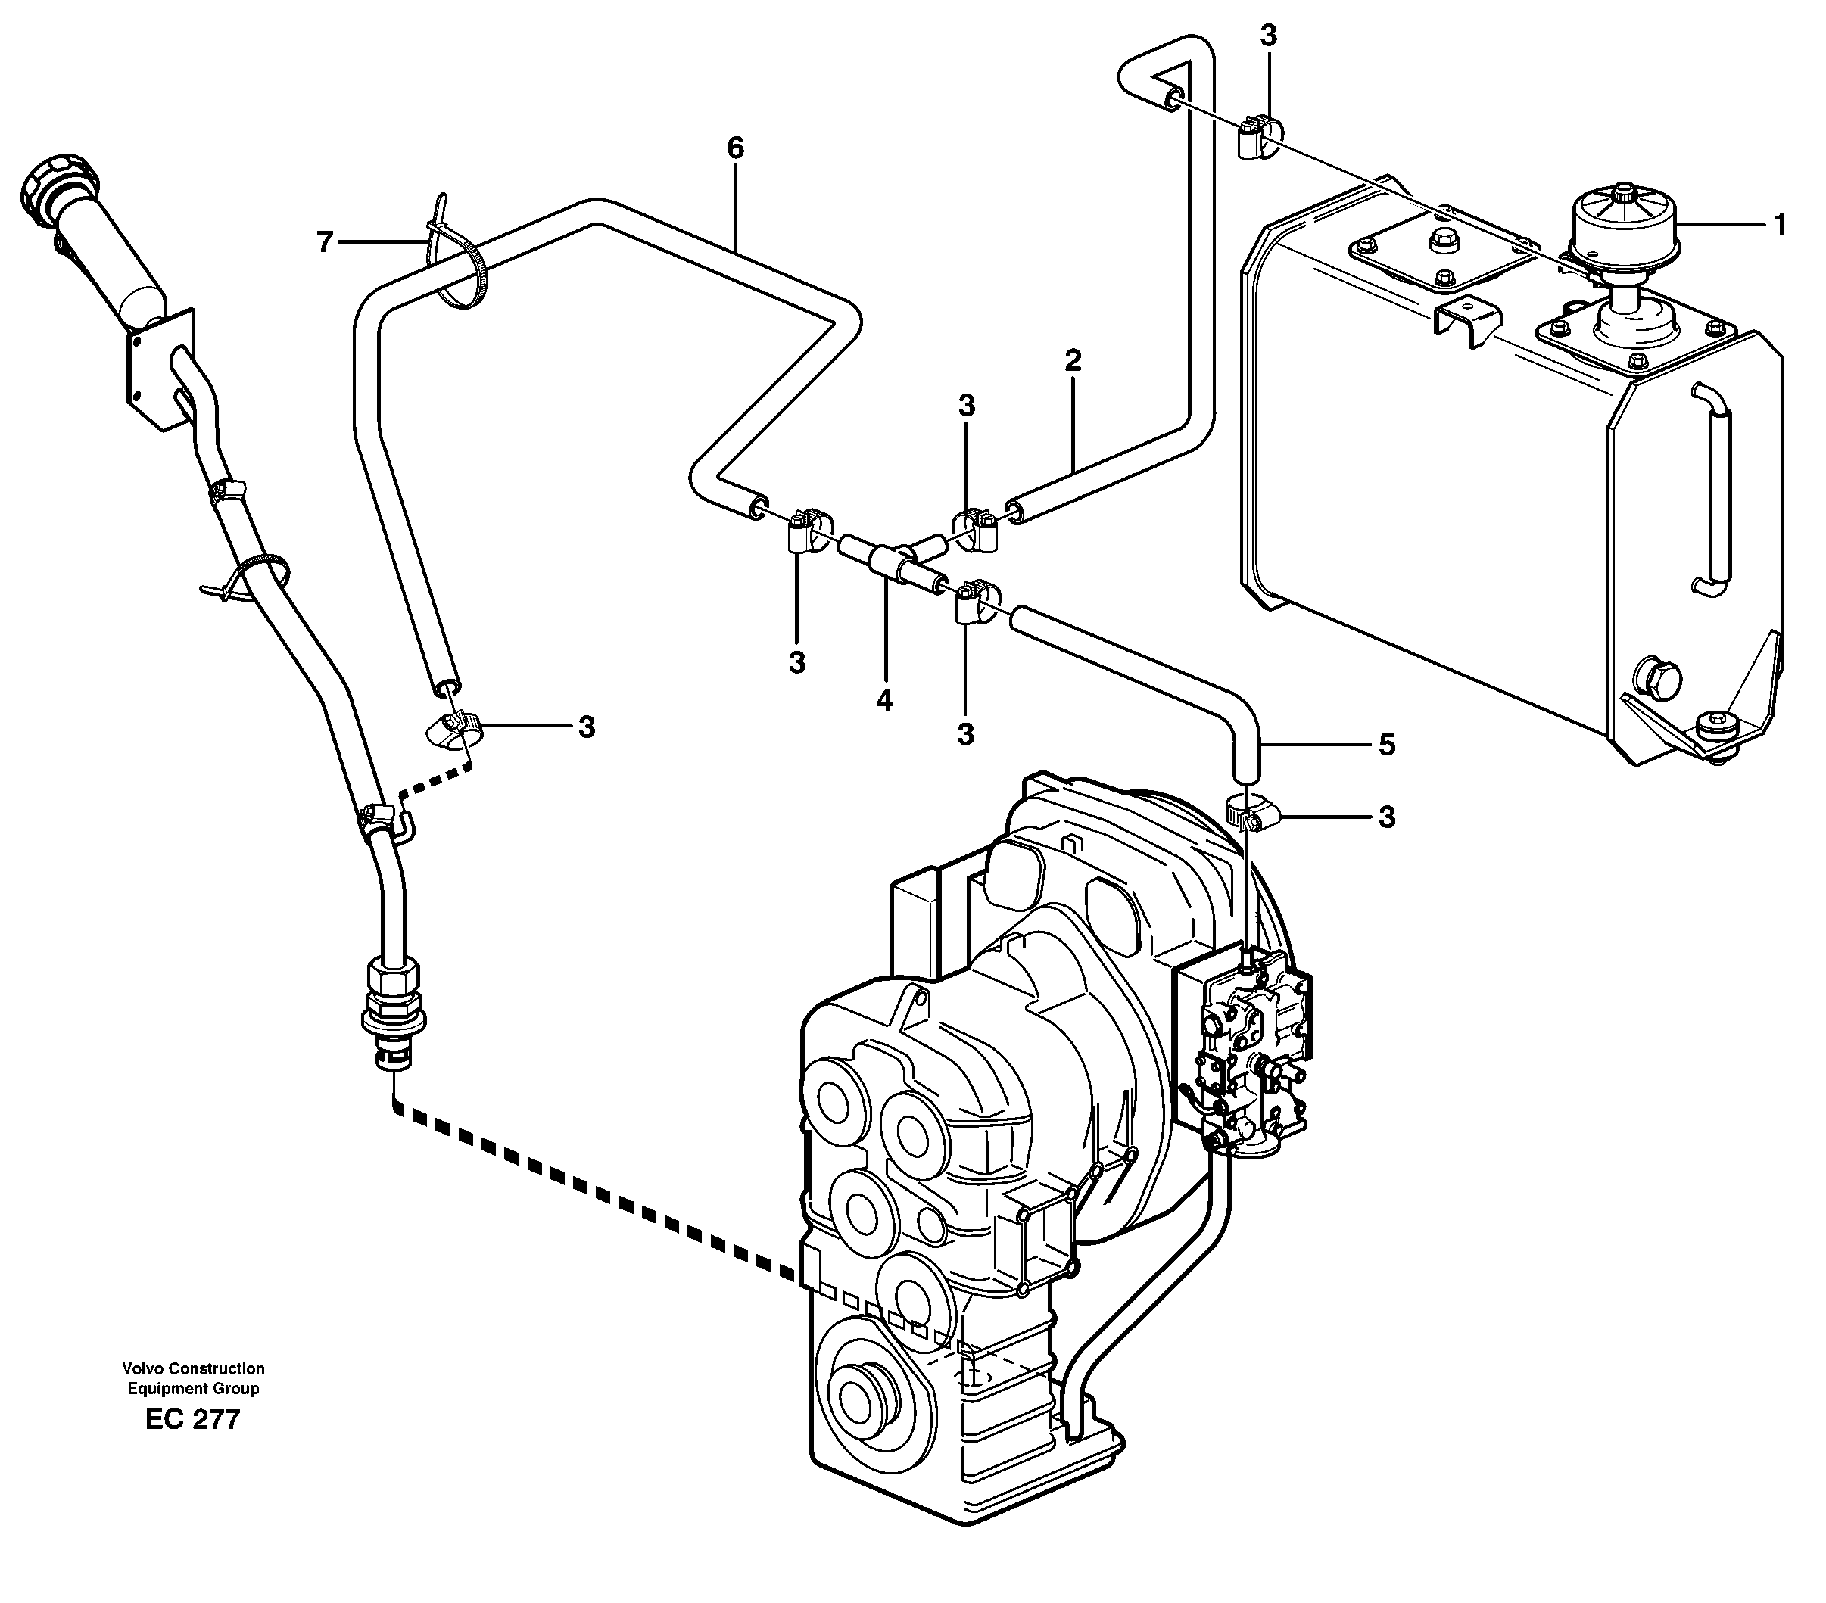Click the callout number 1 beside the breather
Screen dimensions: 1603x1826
click(1778, 225)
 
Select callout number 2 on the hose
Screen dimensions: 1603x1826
click(1073, 361)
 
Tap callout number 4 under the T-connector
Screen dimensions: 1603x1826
click(884, 701)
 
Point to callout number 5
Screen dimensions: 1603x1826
click(1385, 745)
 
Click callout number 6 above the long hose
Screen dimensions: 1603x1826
click(734, 148)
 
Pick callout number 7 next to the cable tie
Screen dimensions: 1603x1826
click(324, 241)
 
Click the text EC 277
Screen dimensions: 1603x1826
click(193, 1419)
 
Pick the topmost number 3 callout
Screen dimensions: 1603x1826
click(1267, 36)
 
